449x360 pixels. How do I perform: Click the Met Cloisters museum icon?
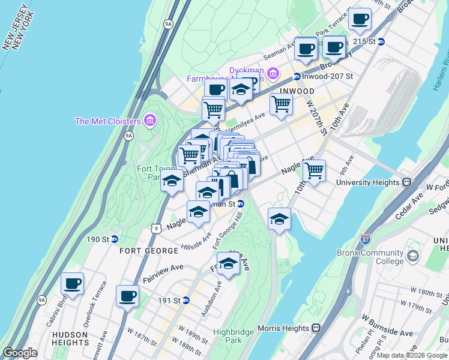pyautogui.click(x=150, y=121)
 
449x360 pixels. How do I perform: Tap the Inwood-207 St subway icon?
pyautogui.click(x=297, y=77)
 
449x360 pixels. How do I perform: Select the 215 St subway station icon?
pyautogui.click(x=381, y=41)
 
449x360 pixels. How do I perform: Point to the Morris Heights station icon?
pyautogui.click(x=316, y=328)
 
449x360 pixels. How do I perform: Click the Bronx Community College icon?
pyautogui.click(x=413, y=257)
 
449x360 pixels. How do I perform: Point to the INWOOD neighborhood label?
pyautogui.click(x=297, y=91)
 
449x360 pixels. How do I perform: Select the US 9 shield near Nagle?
pyautogui.click(x=155, y=227)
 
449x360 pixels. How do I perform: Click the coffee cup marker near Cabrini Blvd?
pyautogui.click(x=72, y=284)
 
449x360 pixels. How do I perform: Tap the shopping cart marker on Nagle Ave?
pyautogui.click(x=314, y=171)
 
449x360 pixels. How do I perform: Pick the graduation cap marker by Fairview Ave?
pyautogui.click(x=228, y=263)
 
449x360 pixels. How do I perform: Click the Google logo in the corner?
pyautogui.click(x=20, y=353)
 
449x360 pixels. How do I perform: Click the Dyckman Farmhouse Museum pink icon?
pyautogui.click(x=273, y=74)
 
